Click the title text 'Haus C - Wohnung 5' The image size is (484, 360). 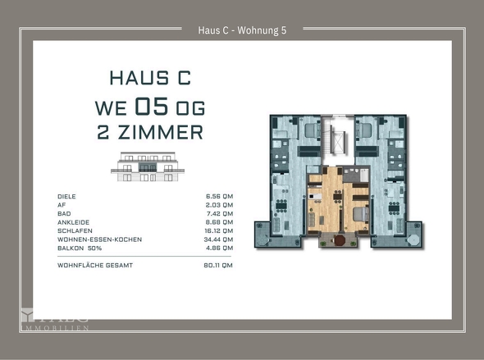(242, 30)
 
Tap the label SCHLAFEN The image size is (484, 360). (74, 230)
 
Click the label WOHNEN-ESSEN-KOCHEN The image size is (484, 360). (99, 239)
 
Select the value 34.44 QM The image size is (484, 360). (218, 239)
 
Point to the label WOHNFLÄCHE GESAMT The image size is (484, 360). (95, 266)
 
